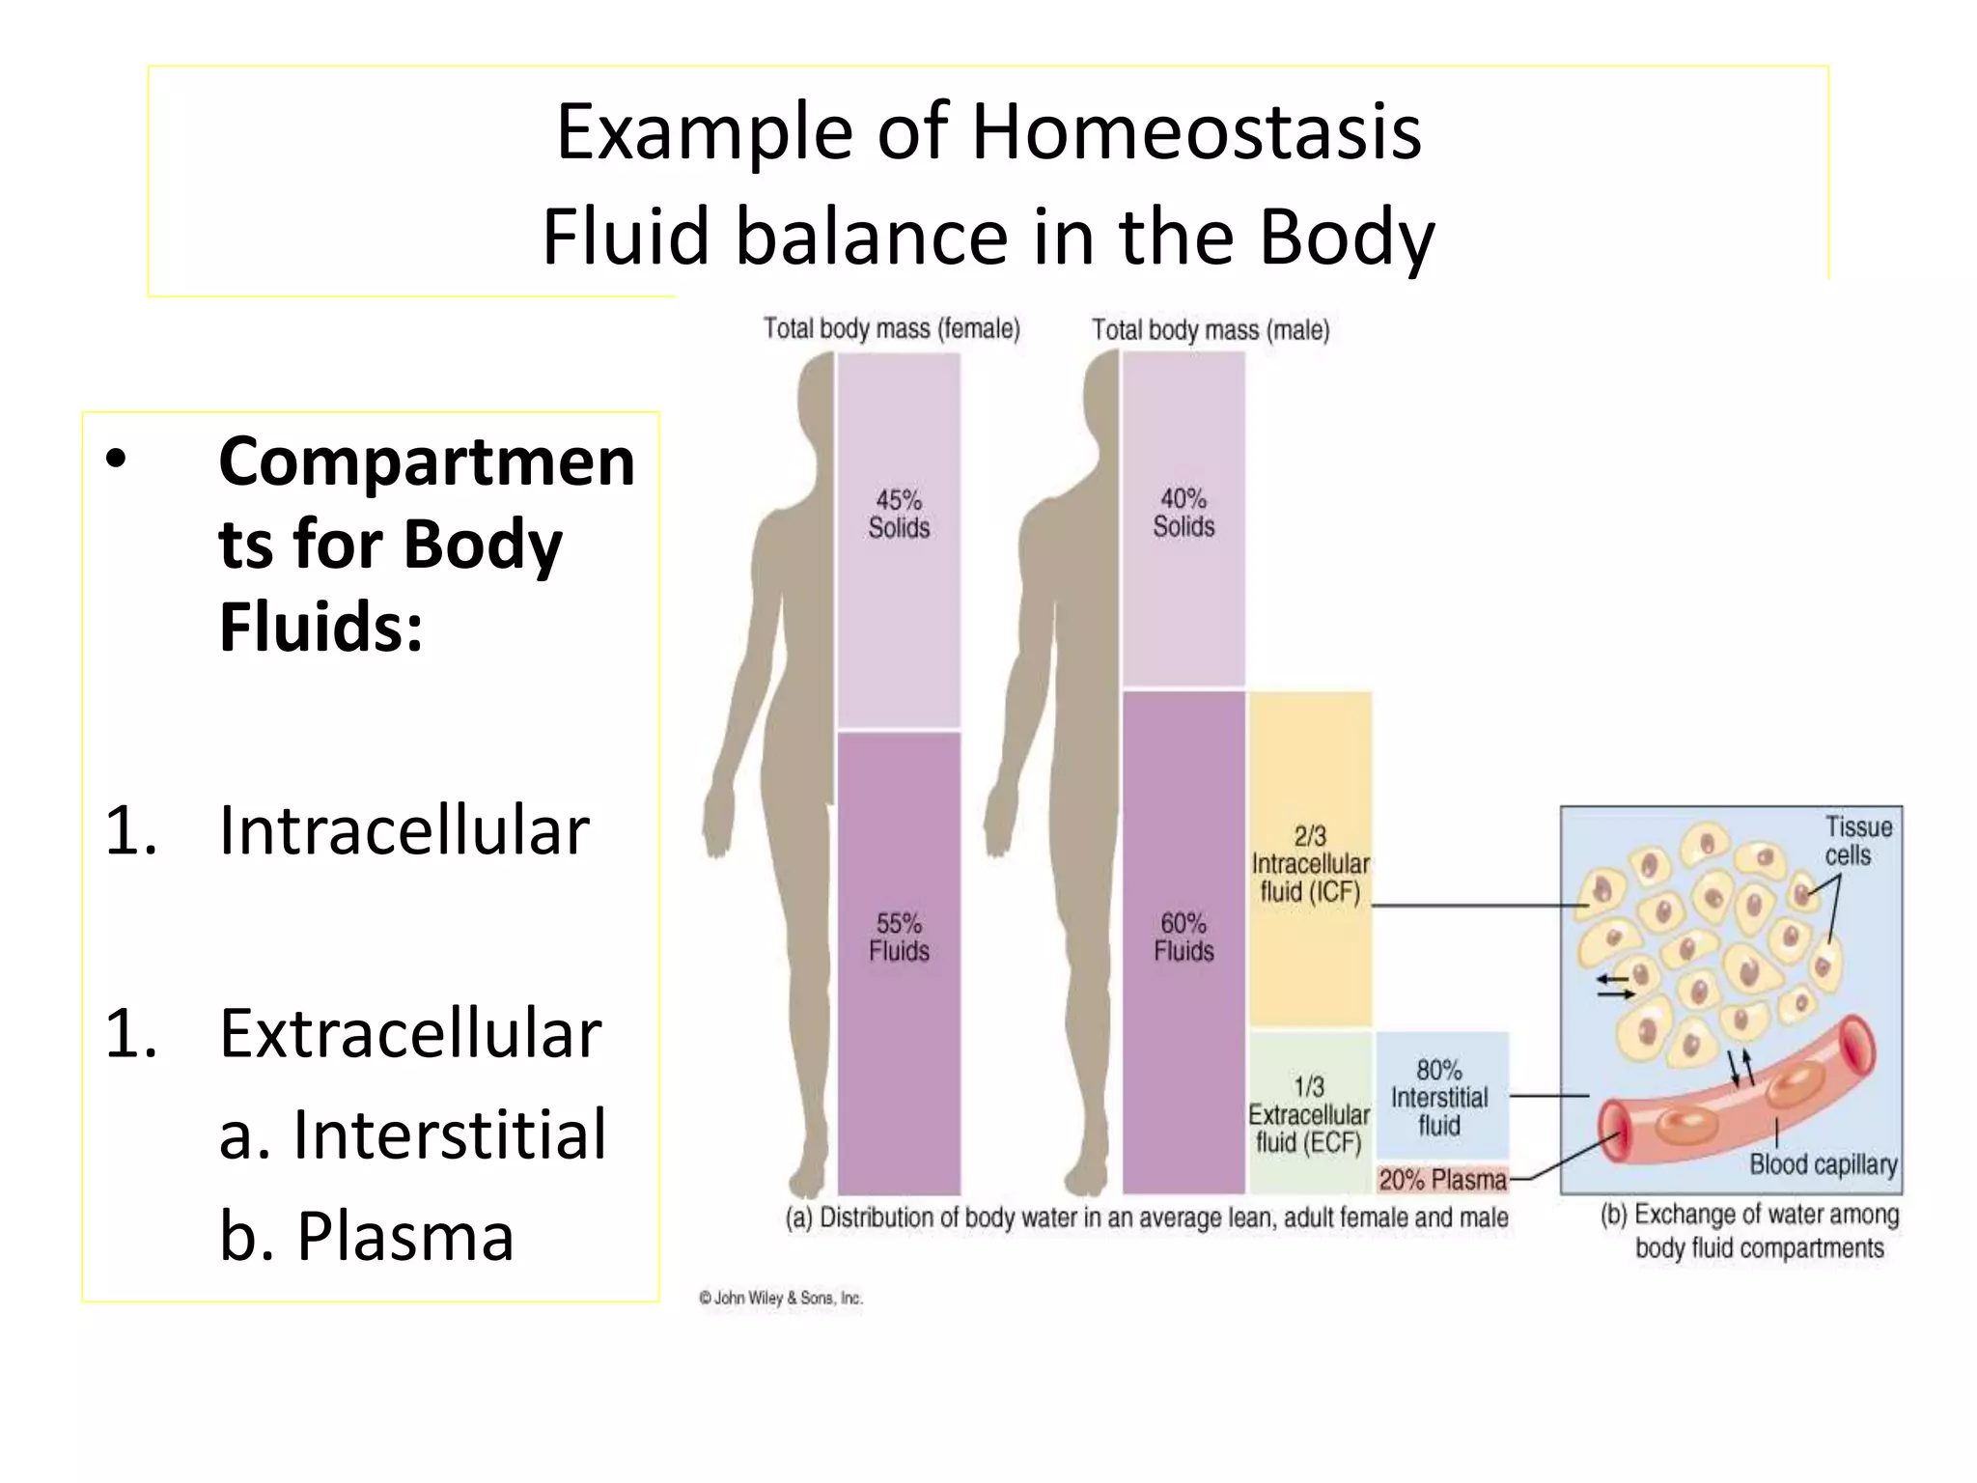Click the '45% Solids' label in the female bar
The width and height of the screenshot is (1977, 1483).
click(x=899, y=514)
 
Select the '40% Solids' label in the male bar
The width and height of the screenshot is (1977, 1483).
click(x=1183, y=513)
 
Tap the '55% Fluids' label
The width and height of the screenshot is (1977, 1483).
click(x=899, y=937)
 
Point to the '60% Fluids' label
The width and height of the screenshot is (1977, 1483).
click(x=1183, y=937)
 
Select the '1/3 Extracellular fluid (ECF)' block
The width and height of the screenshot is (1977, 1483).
click(x=1309, y=1114)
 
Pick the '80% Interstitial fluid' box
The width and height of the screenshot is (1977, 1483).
click(x=1439, y=1097)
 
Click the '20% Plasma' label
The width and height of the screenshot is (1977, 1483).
click(x=1442, y=1180)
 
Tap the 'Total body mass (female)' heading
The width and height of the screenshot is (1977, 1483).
click(x=891, y=329)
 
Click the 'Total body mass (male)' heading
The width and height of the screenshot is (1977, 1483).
click(x=1211, y=330)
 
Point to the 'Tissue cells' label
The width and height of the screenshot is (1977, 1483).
click(x=1857, y=841)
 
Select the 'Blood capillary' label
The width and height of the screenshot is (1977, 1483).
click(x=1823, y=1164)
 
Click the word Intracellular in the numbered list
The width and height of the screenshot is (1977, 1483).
click(x=404, y=830)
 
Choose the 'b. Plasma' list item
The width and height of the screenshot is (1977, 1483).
click(x=367, y=1236)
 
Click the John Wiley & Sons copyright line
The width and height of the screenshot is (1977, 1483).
click(x=780, y=1299)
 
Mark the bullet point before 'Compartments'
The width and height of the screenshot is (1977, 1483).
click(x=116, y=461)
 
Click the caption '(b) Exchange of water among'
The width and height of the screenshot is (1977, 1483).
click(x=1749, y=1215)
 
